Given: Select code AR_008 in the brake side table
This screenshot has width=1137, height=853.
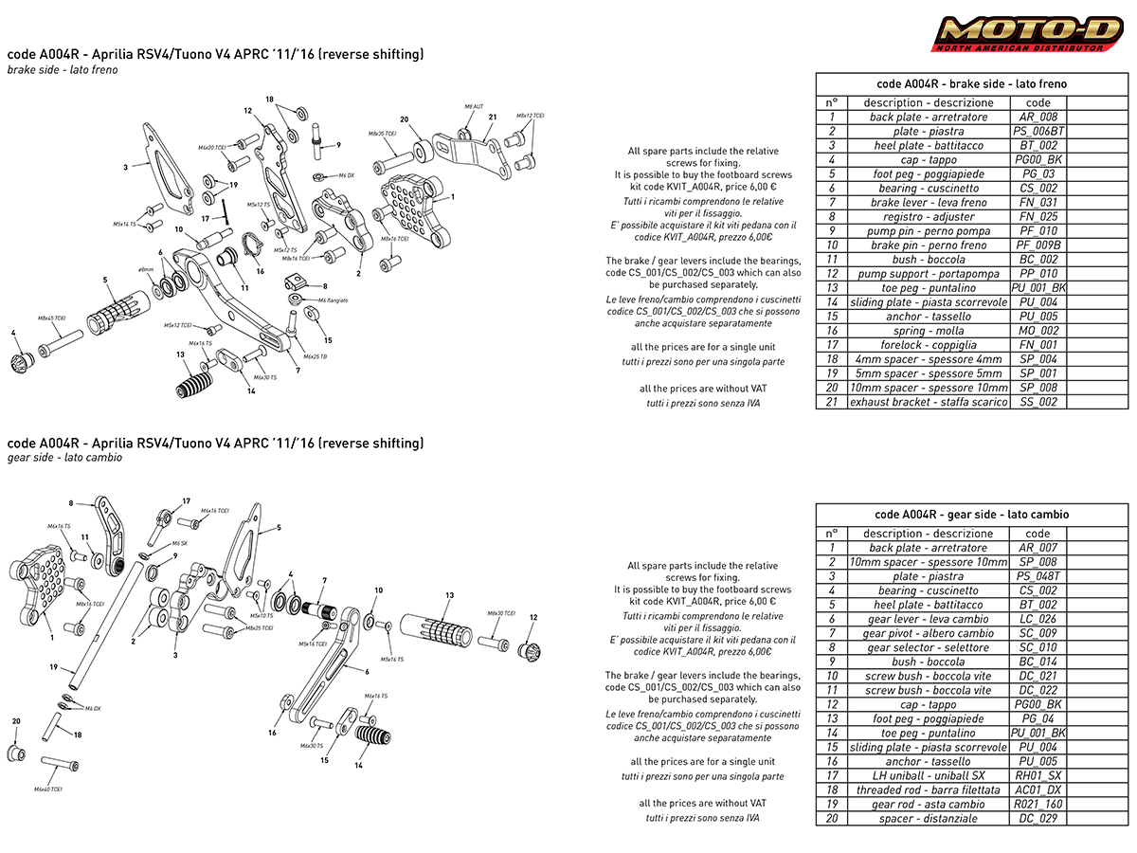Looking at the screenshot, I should [1038, 118].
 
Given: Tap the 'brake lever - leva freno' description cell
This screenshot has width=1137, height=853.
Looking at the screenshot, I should [928, 203].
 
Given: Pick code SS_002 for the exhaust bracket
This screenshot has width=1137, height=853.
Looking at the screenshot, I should [1038, 402].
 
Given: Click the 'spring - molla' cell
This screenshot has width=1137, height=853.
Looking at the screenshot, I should [928, 331].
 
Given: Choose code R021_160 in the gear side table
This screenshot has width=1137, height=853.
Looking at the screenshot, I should [1038, 804].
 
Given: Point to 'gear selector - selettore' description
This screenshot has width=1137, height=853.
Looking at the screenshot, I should [928, 647].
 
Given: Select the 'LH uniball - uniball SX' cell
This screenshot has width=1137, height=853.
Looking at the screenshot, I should [928, 775].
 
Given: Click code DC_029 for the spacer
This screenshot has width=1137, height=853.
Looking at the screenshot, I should [1038, 818].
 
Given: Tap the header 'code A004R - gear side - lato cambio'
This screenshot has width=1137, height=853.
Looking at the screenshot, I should [971, 515].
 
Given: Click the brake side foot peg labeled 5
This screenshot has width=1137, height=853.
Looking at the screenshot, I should [118, 309].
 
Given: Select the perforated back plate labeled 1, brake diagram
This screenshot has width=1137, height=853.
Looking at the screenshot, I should [407, 209].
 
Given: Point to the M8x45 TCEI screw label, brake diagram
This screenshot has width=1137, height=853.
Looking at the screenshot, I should [51, 318].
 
